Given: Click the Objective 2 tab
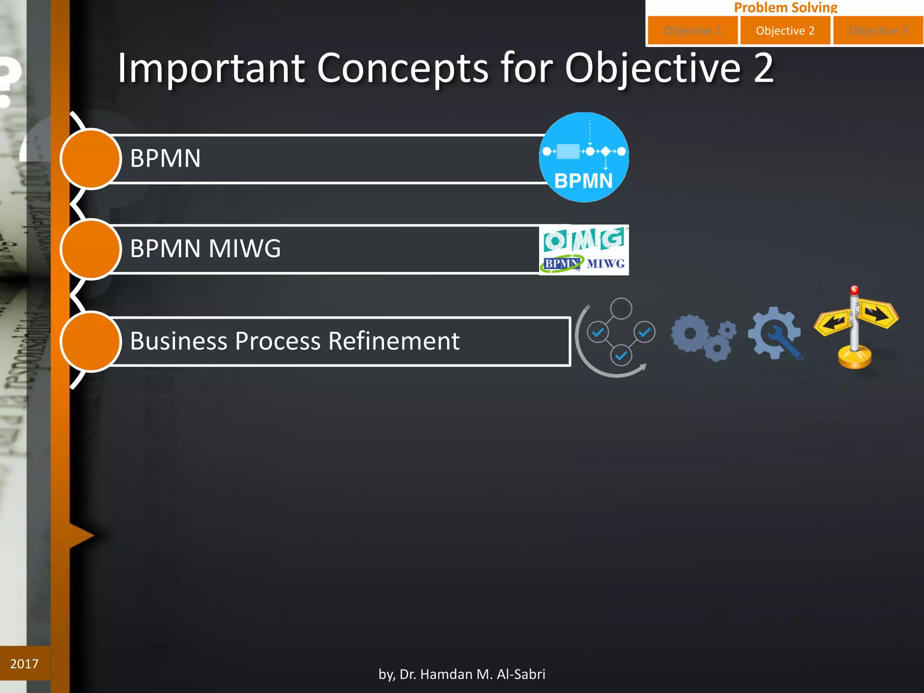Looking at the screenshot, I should tap(785, 31).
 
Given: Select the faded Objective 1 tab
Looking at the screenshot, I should tap(693, 31).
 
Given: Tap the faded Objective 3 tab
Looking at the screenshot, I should tap(878, 31).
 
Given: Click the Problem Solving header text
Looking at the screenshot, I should tap(785, 7).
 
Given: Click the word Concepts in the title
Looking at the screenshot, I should tap(402, 69).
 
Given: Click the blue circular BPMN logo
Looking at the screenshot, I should tap(584, 157).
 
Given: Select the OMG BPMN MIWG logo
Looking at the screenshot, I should tap(584, 250).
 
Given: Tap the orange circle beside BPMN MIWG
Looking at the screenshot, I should tap(91, 249).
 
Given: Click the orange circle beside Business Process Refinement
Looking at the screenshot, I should tap(91, 342).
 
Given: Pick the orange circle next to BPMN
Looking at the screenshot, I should tap(91, 159).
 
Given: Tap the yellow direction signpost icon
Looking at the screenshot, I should tap(855, 328).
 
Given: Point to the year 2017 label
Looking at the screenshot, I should tap(24, 664).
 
